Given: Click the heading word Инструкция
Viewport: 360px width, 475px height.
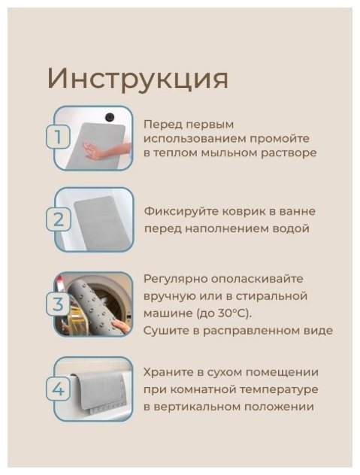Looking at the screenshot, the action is point(138,79).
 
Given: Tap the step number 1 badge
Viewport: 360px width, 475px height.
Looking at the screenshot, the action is point(58,138).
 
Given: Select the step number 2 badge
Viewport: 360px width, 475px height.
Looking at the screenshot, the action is point(58,220).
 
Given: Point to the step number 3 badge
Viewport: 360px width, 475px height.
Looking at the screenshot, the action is point(58,304).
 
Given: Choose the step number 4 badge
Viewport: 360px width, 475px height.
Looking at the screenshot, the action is point(58,389).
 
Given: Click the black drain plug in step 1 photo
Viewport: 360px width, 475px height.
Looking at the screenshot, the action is point(110,116).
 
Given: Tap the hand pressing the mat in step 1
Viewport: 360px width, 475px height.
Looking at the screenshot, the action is point(103,150).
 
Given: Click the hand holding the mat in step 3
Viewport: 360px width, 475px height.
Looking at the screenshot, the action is point(120,327).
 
